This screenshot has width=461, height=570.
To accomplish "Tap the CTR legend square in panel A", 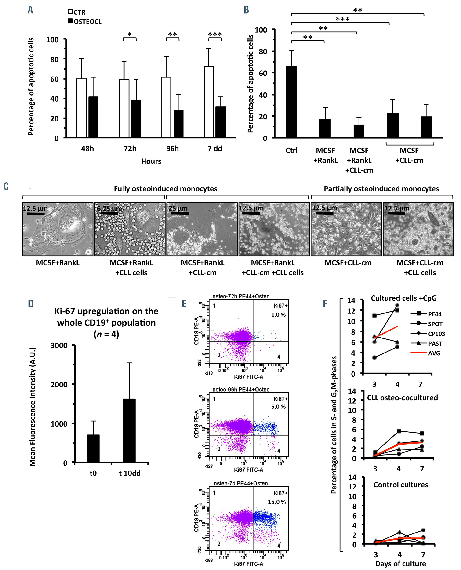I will [x=70, y=12].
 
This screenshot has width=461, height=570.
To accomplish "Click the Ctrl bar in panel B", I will [x=291, y=102].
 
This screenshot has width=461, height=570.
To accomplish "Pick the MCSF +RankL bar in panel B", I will [x=325, y=128].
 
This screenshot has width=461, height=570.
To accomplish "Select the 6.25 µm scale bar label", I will [x=109, y=209].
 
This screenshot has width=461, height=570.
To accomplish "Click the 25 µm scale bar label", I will [x=178, y=208].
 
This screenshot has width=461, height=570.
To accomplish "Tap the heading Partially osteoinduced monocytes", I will [x=381, y=189].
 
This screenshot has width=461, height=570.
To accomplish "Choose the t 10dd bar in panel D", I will [x=129, y=430].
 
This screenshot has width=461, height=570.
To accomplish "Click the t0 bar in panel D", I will [x=93, y=448].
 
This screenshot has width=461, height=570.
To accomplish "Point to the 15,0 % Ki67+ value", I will [x=277, y=502].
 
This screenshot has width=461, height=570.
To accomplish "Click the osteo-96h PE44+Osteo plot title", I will [x=241, y=390].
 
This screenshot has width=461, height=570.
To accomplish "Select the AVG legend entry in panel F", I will [x=434, y=353].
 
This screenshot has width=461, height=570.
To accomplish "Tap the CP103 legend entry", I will [x=436, y=334].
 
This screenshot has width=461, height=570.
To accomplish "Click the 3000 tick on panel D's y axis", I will [x=59, y=346].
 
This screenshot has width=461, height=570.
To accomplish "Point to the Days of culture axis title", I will [x=400, y=563].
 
